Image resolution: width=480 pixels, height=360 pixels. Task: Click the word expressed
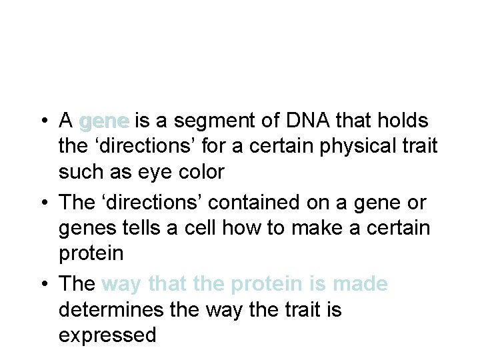pos(107,335)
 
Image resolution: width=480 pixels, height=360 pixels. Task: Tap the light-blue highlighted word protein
pos(264,285)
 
